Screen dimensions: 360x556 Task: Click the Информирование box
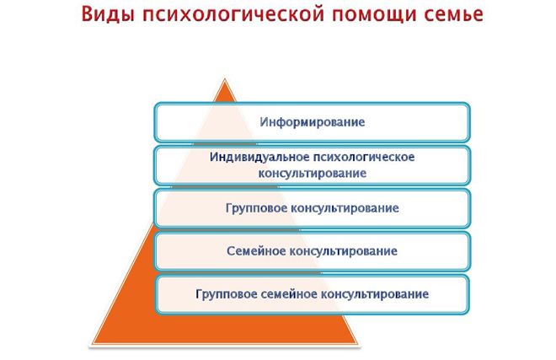(x=312, y=121)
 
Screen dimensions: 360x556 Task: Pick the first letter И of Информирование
(x=262, y=121)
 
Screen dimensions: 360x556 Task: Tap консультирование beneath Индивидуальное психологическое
(x=312, y=173)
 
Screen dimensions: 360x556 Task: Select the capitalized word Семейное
(x=256, y=251)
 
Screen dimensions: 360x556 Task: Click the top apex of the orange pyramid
(x=224, y=80)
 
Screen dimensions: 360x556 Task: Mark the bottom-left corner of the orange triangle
(x=91, y=344)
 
